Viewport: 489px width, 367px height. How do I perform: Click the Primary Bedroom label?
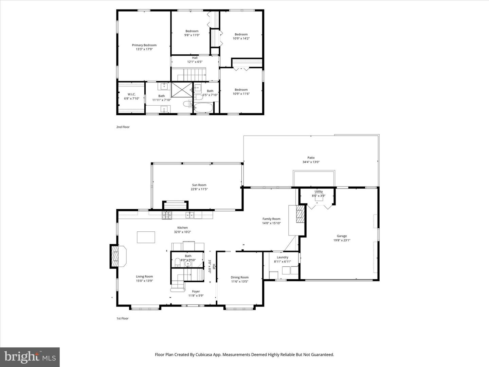(x=144, y=45)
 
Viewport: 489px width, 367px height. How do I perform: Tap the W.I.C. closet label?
(x=131, y=94)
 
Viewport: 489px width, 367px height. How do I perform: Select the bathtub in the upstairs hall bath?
(x=203, y=108)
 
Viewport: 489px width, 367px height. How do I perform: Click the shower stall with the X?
(x=181, y=91)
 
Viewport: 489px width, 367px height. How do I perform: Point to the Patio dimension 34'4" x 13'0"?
(x=311, y=162)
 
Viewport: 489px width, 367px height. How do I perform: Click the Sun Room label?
(x=199, y=185)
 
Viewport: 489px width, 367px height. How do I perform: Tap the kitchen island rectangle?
(x=146, y=237)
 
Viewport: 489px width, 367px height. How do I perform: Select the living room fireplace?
(x=117, y=257)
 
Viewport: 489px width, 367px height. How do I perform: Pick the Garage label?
(x=342, y=236)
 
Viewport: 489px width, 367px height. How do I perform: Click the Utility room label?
(x=319, y=192)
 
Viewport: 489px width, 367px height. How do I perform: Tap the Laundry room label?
(x=283, y=257)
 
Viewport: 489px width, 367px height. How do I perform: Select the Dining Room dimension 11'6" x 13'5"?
(x=240, y=281)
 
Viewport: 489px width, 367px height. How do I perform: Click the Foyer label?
(x=196, y=291)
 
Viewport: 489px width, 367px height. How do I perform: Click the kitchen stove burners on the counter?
(x=167, y=215)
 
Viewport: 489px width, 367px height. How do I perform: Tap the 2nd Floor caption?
(x=123, y=127)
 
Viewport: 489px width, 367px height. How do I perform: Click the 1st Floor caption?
(x=123, y=318)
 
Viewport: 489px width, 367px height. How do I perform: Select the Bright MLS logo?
(x=30, y=357)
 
